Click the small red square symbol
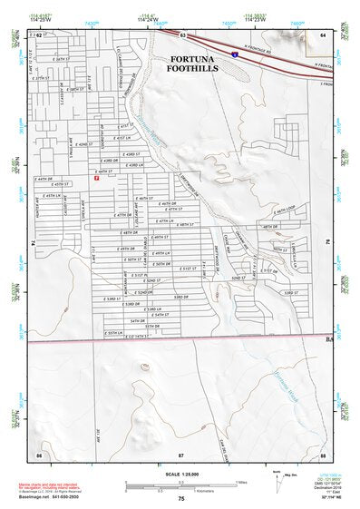tap(97, 178)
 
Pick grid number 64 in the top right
tap(323, 34)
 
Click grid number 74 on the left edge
tap(33, 243)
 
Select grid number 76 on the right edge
tap(327, 243)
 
